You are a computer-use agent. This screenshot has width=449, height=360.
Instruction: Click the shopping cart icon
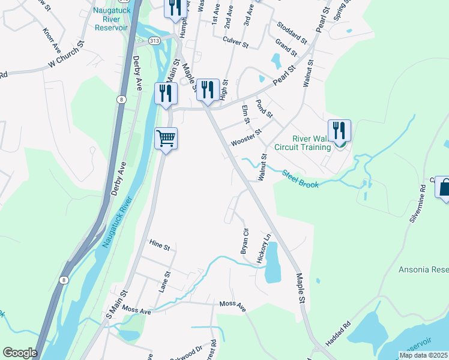click(x=166, y=139)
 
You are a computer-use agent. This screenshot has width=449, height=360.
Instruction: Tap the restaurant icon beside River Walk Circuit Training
click(x=339, y=130)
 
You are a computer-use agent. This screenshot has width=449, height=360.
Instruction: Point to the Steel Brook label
click(x=300, y=179)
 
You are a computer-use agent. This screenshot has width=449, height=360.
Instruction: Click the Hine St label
click(x=160, y=247)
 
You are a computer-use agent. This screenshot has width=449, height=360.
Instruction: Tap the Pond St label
click(x=264, y=109)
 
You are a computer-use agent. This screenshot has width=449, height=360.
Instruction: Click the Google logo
click(x=20, y=353)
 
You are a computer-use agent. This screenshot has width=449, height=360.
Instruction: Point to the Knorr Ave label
click(x=52, y=38)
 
